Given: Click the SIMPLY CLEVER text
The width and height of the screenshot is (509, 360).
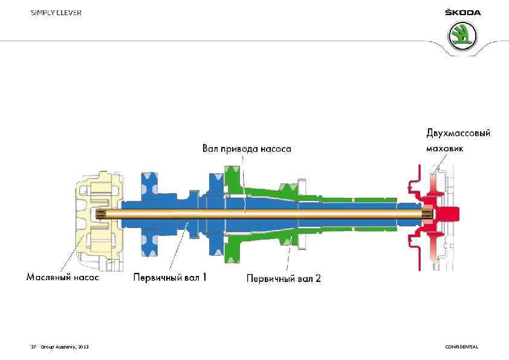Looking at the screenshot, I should coord(57,13).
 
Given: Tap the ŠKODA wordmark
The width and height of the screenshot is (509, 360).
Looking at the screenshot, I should coord(462,13).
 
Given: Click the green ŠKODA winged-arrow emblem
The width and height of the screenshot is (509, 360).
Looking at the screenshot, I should coord(462,36).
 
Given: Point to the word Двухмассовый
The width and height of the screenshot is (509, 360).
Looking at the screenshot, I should coord(458,133).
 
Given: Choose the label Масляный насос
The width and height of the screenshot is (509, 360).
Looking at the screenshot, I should coord(63,278).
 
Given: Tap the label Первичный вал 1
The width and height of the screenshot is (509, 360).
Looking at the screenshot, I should coord(170,278).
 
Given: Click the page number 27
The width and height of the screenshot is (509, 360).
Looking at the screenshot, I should coord(33,347).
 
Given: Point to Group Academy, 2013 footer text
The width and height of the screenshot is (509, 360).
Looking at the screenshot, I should coord(64,347).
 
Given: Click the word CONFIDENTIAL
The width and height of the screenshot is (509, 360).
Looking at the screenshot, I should coord(461,347).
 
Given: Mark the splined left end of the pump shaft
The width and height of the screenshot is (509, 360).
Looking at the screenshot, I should coord(102,214).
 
